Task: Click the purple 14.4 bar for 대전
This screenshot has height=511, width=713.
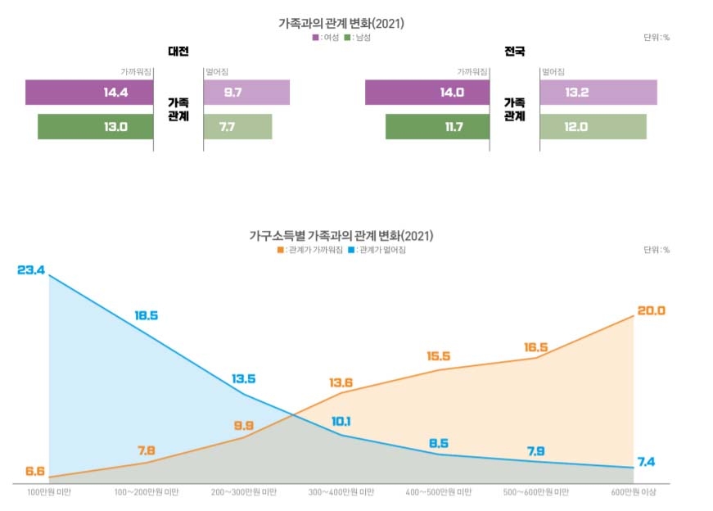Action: click(89, 93)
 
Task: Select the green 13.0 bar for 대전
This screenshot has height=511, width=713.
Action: click(95, 127)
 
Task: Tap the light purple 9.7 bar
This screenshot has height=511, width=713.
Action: click(246, 93)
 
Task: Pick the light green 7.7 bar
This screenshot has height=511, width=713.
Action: click(237, 127)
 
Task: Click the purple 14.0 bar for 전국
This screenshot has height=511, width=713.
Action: click(426, 93)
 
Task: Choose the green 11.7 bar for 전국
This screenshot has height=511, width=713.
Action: click(437, 127)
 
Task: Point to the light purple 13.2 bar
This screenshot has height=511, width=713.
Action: click(598, 93)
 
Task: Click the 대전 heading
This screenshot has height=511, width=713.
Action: click(178, 52)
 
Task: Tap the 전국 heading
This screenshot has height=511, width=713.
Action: click(515, 52)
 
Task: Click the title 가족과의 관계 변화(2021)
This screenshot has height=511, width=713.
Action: click(341, 24)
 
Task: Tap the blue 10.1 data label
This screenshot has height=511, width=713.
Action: click(341, 422)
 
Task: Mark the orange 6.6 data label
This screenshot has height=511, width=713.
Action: click(35, 471)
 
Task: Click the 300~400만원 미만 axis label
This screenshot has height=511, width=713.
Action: click(341, 493)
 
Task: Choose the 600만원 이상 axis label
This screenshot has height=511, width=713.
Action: click(634, 493)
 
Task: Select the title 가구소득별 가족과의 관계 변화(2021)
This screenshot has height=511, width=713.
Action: click(341, 236)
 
